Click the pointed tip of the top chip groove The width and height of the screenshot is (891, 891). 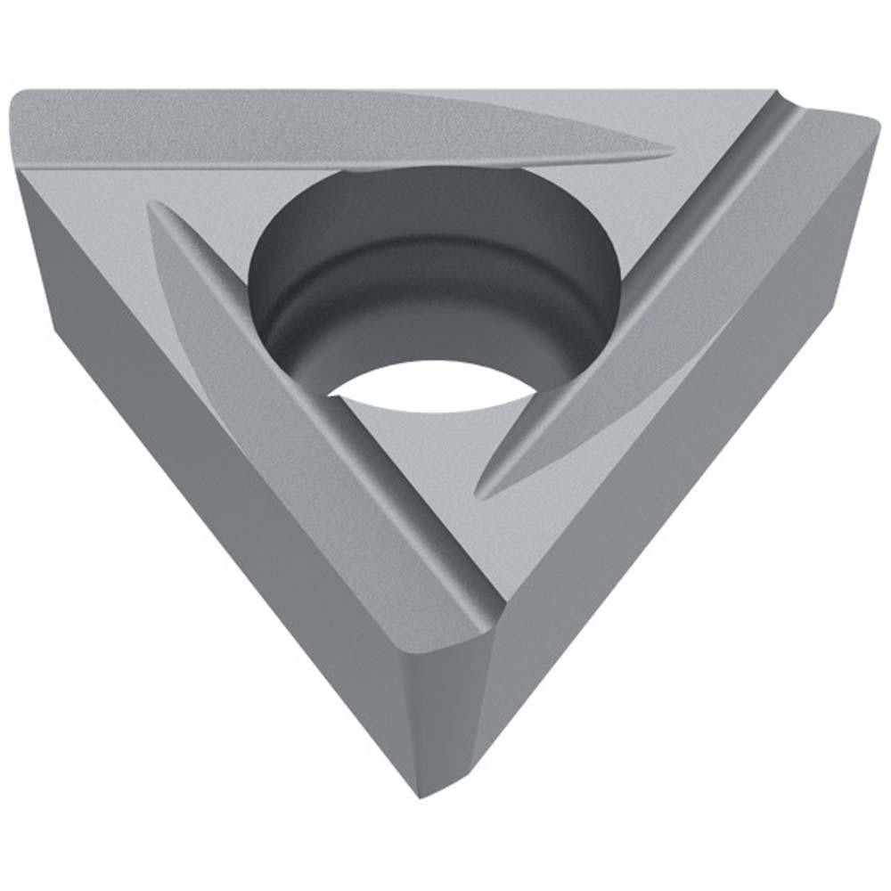click(x=668, y=153)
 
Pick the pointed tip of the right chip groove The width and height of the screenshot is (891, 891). click(x=482, y=491)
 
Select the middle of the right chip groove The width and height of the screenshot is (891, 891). click(x=659, y=294)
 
